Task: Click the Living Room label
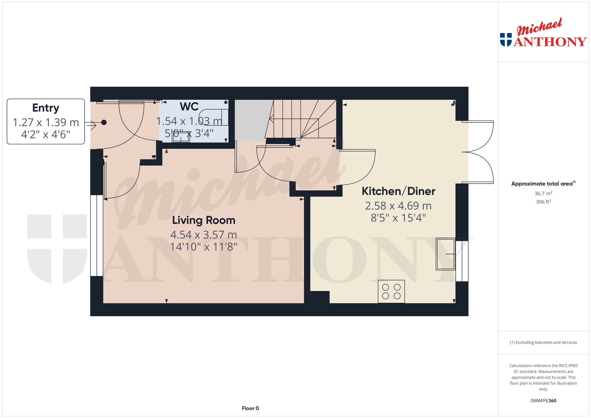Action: (203, 220)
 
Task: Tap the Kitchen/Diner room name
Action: (398, 191)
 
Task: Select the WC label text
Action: (189, 107)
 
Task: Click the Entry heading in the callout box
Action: (46, 108)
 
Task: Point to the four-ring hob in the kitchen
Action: (391, 291)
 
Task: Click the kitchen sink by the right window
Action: (445, 254)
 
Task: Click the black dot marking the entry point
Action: (104, 123)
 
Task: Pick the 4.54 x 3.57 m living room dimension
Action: (203, 235)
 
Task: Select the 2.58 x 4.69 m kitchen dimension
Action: (398, 206)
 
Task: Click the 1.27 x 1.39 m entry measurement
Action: (46, 123)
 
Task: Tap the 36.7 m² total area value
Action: (543, 193)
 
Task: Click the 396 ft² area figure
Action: (543, 202)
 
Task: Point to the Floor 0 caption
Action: (250, 408)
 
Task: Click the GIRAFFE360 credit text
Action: (543, 401)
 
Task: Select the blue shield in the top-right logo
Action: (506, 40)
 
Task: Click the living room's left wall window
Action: (97, 235)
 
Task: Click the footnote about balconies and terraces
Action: (543, 342)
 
